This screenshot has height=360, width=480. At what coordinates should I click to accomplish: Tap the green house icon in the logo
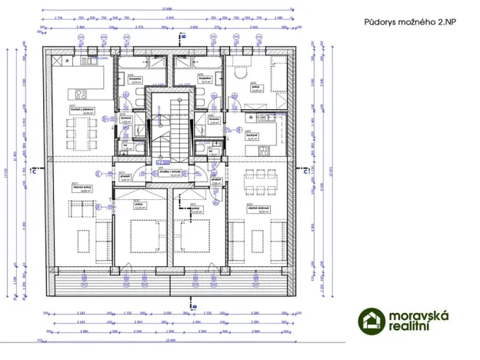pos(373,321)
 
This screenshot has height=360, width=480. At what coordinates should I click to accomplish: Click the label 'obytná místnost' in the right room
pos(258,212)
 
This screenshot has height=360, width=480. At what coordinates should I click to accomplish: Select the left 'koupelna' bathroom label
pos(133,79)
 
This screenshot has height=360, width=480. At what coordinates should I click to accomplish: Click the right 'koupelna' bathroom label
pos(205,79)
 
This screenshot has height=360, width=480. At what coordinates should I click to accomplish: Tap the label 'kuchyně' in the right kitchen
pos(252,135)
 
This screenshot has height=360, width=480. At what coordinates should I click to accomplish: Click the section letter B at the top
pos(182,35)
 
